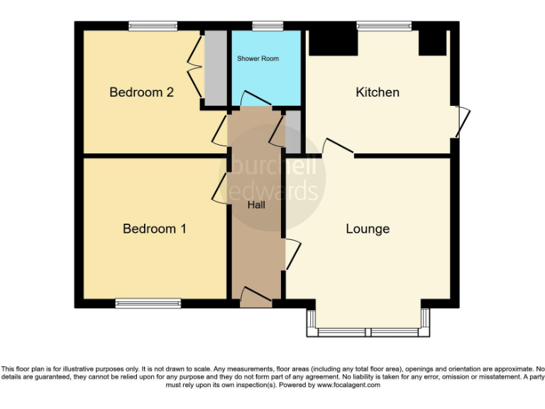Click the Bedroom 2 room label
141,92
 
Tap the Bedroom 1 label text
155,229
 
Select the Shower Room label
258,58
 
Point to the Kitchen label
378,92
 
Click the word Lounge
368,229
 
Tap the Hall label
256,205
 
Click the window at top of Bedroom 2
153,26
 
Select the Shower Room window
268,26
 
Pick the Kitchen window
384,26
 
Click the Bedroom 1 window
148,303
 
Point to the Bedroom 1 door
219,190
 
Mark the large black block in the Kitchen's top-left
332,41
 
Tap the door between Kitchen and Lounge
338,146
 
